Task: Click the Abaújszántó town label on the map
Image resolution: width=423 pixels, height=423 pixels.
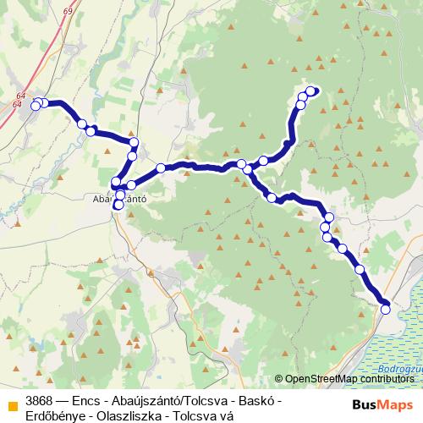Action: pyautogui.click(x=119, y=201)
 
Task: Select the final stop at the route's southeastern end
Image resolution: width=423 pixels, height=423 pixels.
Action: pyautogui.click(x=386, y=309)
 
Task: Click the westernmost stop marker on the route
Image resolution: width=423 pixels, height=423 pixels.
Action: pyautogui.click(x=36, y=106)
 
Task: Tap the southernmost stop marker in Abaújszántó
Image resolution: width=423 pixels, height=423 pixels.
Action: pyautogui.click(x=118, y=206)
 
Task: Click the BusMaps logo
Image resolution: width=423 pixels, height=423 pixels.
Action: pyautogui.click(x=382, y=404)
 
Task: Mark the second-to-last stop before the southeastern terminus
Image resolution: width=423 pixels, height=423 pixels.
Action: pyautogui.click(x=360, y=269)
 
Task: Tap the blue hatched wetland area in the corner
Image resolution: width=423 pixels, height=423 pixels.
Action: pyautogui.click(x=398, y=338)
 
